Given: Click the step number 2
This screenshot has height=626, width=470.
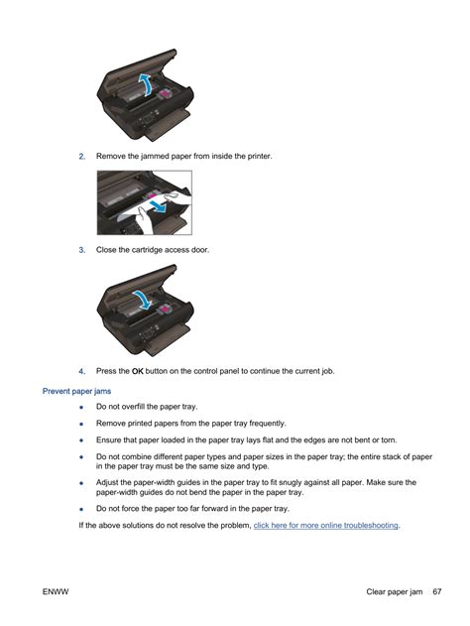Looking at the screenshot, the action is (81, 157).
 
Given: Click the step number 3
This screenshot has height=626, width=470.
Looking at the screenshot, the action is (81, 250).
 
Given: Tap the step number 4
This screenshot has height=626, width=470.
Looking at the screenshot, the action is (81, 371).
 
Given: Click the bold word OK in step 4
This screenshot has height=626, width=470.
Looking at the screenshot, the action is (137, 371).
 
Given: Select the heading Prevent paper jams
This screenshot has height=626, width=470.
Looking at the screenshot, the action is (76, 391).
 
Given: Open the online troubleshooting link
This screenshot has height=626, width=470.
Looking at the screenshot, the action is (325, 526).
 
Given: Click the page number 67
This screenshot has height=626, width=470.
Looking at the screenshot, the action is (437, 591).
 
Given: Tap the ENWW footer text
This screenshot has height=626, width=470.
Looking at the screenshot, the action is (56, 591).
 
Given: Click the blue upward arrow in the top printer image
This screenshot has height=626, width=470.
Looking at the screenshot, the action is (145, 84).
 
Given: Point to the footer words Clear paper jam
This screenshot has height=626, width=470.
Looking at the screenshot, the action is (395, 591).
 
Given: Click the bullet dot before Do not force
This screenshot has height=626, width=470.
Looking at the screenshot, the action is (81, 509).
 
